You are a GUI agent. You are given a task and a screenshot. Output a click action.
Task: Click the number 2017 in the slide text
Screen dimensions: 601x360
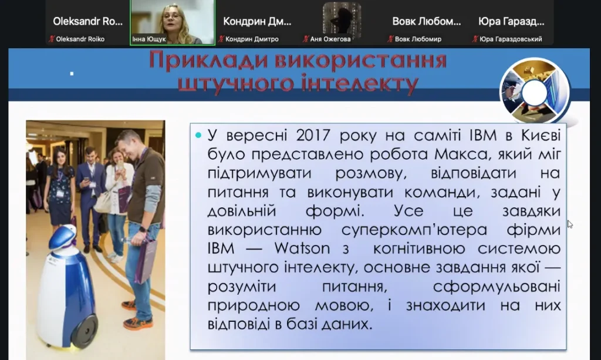313,135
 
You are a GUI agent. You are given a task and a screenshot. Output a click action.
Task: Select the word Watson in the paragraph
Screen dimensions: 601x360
302,248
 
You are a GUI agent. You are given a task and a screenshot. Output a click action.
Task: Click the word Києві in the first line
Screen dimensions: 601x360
541,135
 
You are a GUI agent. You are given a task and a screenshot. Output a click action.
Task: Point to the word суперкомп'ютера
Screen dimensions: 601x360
414,230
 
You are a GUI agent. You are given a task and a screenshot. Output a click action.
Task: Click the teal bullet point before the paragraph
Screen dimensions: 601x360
198,135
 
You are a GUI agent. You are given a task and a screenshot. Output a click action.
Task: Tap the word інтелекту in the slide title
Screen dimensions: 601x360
359,83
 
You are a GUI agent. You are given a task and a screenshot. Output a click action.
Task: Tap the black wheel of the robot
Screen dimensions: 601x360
85,331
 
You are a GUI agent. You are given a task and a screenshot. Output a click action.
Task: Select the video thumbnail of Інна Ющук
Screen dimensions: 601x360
173,22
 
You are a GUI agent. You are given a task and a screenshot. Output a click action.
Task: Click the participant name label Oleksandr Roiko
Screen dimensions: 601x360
80,39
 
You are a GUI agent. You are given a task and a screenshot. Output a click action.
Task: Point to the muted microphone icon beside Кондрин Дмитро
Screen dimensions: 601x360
221,39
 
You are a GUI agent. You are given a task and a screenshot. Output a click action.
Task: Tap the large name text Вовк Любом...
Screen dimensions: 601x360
427,22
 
